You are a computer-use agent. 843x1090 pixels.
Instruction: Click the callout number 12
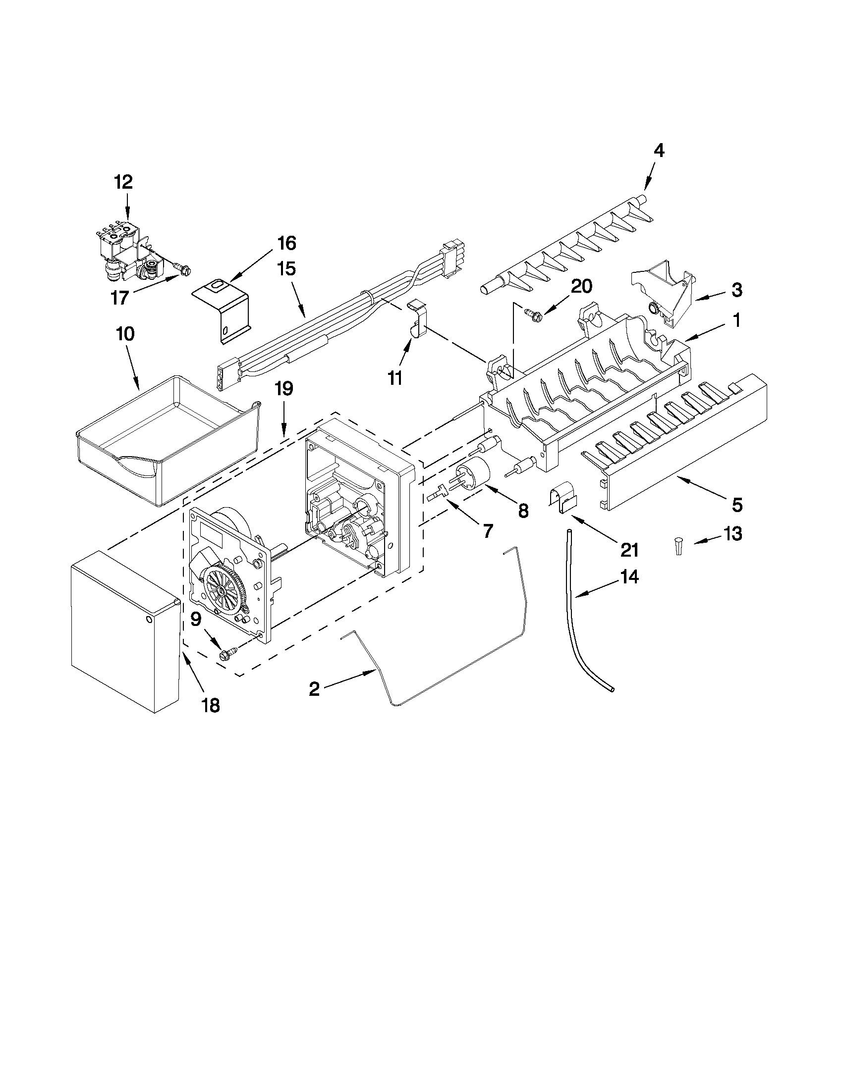(x=124, y=182)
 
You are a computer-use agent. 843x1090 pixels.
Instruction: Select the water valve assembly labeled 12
(x=127, y=250)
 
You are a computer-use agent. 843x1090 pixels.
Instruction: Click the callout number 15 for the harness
(x=287, y=269)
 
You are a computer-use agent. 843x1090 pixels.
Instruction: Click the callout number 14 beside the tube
(x=629, y=577)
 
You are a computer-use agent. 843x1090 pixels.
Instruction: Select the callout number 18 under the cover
(x=211, y=705)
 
